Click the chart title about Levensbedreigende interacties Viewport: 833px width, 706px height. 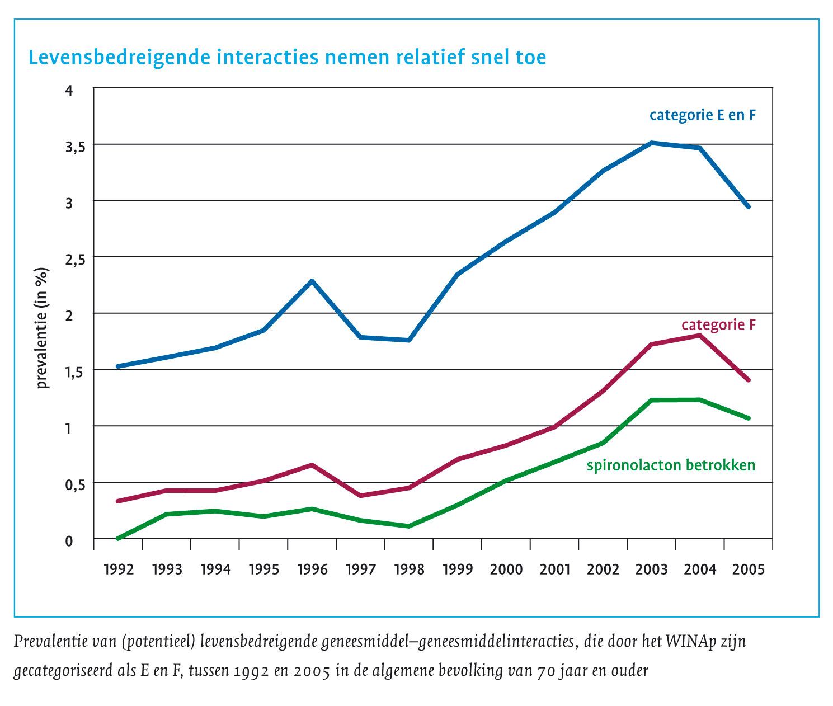pyautogui.click(x=287, y=57)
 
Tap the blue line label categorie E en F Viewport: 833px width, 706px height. pyautogui.click(x=703, y=115)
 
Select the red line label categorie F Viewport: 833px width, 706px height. pyautogui.click(x=718, y=324)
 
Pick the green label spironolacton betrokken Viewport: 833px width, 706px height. pyautogui.click(x=671, y=465)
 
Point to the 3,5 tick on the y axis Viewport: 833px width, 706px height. pyautogui.click(x=77, y=147)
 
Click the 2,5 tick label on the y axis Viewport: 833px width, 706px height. pyautogui.click(x=77, y=259)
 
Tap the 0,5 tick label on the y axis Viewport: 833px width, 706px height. pyautogui.click(x=77, y=484)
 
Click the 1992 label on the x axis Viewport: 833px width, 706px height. pyautogui.click(x=119, y=569)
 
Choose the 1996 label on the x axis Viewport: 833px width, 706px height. pyautogui.click(x=312, y=569)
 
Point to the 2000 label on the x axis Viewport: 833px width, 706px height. pyautogui.click(x=506, y=569)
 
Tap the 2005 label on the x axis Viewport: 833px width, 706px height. pyautogui.click(x=749, y=569)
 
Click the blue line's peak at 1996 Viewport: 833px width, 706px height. pyautogui.click(x=312, y=281)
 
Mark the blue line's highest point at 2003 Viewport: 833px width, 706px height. pyautogui.click(x=651, y=143)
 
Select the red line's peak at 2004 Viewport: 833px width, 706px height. pyautogui.click(x=700, y=335)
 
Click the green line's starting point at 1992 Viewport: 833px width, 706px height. pyautogui.click(x=119, y=538)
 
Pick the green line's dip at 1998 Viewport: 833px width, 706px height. pyautogui.click(x=409, y=526)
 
